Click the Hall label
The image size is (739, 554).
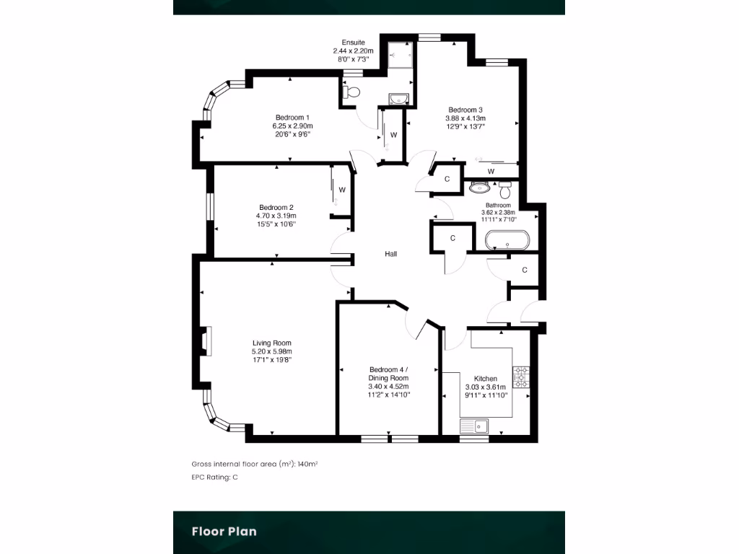coord(390,254)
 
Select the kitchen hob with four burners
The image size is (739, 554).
coord(520,375)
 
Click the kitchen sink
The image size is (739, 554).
coord(475,426)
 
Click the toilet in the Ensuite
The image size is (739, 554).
coord(351,92)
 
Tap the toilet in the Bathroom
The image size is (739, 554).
coord(504,190)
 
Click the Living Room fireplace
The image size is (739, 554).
coord(206,340)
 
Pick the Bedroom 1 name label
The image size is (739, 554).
coord(292,118)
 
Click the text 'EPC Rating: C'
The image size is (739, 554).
coord(214,478)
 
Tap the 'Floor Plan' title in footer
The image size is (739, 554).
coord(224,532)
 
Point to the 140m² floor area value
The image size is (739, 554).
coord(307,464)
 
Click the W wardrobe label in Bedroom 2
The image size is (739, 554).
coord(342,190)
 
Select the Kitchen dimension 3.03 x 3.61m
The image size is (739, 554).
coord(486,387)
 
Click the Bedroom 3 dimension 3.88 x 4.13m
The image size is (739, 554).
coord(465,118)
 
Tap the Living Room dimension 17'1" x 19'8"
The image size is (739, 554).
coord(272,360)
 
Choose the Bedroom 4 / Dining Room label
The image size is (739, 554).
coord(388,374)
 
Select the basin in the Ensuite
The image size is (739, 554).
coord(398,99)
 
